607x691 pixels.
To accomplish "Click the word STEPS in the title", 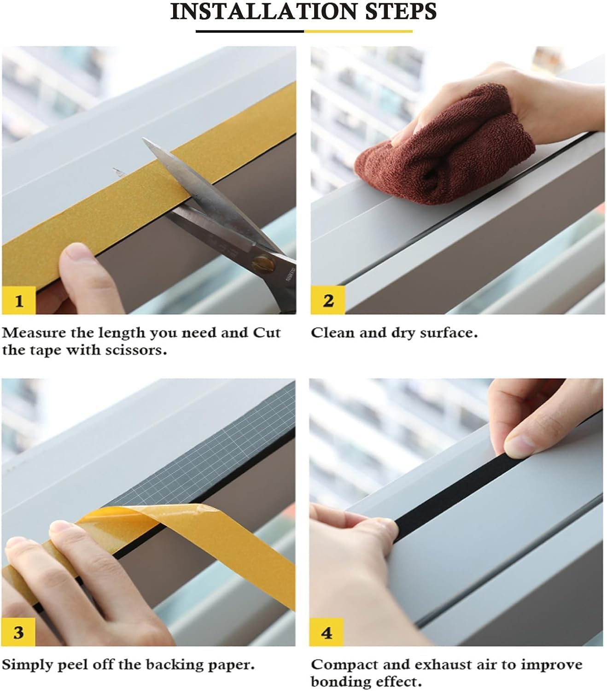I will click(400, 11).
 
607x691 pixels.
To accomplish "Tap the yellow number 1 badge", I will click(18, 300).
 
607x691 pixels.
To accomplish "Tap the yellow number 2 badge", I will click(327, 300).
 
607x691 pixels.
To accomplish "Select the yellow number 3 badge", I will click(18, 632).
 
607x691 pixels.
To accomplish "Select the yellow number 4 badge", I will click(327, 632).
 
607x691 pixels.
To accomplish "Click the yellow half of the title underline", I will click(358, 31).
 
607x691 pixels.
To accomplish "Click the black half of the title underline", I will click(250, 31).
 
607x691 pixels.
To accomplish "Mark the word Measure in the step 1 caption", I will click(33, 333).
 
